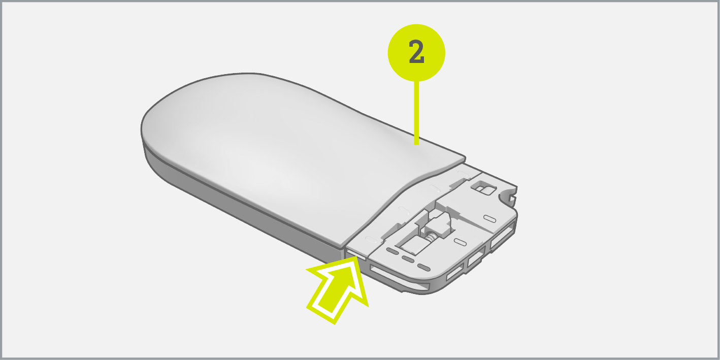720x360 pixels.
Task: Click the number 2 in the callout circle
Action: tap(416, 52)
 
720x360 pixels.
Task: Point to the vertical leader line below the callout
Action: tap(416, 113)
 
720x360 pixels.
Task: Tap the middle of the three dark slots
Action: tap(408, 259)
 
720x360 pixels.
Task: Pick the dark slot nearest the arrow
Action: tap(392, 251)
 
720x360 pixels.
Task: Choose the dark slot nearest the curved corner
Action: tap(423, 267)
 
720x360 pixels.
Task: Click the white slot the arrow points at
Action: tap(355, 253)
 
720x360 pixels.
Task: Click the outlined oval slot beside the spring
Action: tap(460, 242)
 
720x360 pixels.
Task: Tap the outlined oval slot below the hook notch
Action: tap(489, 219)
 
